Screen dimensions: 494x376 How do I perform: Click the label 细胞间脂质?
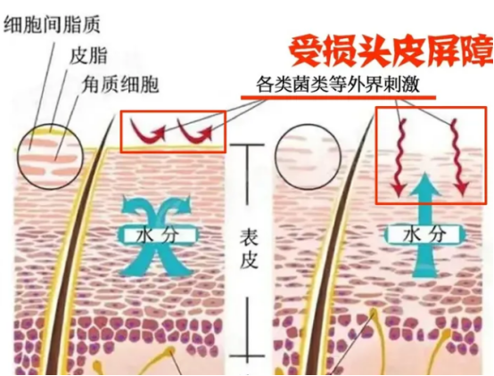tap(52, 25)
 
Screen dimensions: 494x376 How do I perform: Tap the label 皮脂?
tap(88, 55)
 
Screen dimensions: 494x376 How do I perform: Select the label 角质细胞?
tap(120, 85)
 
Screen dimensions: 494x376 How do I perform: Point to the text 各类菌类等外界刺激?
tap(338, 84)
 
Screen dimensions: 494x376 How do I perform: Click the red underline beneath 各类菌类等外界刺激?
tap(338, 97)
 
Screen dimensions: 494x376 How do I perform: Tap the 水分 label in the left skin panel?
tap(157, 235)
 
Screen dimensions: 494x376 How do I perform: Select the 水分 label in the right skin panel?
tap(424, 235)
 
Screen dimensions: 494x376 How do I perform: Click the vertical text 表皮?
tap(249, 253)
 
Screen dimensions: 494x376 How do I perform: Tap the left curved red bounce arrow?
tap(147, 131)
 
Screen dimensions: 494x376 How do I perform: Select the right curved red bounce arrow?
tap(194, 131)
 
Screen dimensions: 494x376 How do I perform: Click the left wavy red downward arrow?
tap(399, 158)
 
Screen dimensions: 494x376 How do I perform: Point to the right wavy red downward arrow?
tap(458, 158)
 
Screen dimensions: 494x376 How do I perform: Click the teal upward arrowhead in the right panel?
tap(426, 187)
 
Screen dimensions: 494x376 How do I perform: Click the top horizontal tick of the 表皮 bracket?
tap(248, 145)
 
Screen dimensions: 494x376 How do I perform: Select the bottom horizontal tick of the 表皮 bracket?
tap(248, 356)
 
